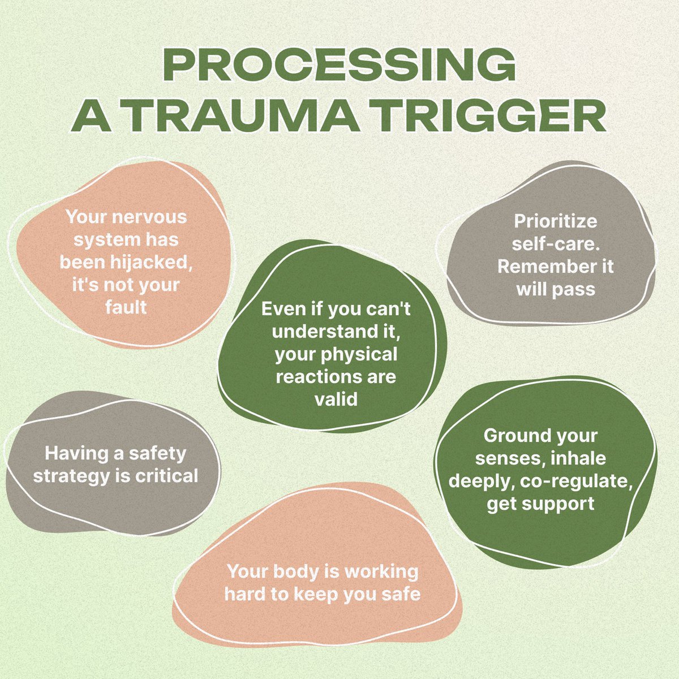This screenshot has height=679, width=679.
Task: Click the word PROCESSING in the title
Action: coord(339,66)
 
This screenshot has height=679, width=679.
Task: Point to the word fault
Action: coord(126,307)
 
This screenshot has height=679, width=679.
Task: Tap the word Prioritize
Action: coord(555,221)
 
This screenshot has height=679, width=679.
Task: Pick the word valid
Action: coord(336,399)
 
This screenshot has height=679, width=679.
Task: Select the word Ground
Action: coord(517,436)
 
